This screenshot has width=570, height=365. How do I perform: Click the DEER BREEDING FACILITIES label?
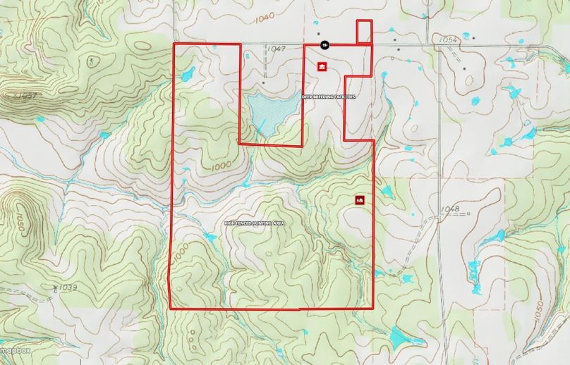pyautogui.click(x=329, y=97)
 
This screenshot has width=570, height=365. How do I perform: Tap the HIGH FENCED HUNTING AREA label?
pyautogui.click(x=254, y=223)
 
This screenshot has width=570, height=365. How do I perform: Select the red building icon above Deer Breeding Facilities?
pyautogui.click(x=322, y=67)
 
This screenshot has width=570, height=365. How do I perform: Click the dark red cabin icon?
pyautogui.click(x=359, y=200)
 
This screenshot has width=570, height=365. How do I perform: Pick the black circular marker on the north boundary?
pyautogui.click(x=325, y=44)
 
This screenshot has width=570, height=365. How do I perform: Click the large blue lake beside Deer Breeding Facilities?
pyautogui.click(x=271, y=109)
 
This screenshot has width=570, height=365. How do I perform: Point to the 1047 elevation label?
pyautogui.click(x=277, y=49)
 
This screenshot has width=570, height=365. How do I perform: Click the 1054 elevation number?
pyautogui.click(x=449, y=41)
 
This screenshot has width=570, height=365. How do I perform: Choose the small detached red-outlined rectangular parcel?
pyautogui.click(x=364, y=32)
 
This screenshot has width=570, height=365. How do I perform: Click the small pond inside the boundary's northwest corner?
pyautogui.click(x=188, y=74)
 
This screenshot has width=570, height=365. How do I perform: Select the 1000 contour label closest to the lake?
pyautogui.click(x=221, y=166)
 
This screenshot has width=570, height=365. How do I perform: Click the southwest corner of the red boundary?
pyautogui.click(x=171, y=308)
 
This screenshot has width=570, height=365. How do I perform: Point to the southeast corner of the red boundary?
pyautogui.click(x=373, y=308)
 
